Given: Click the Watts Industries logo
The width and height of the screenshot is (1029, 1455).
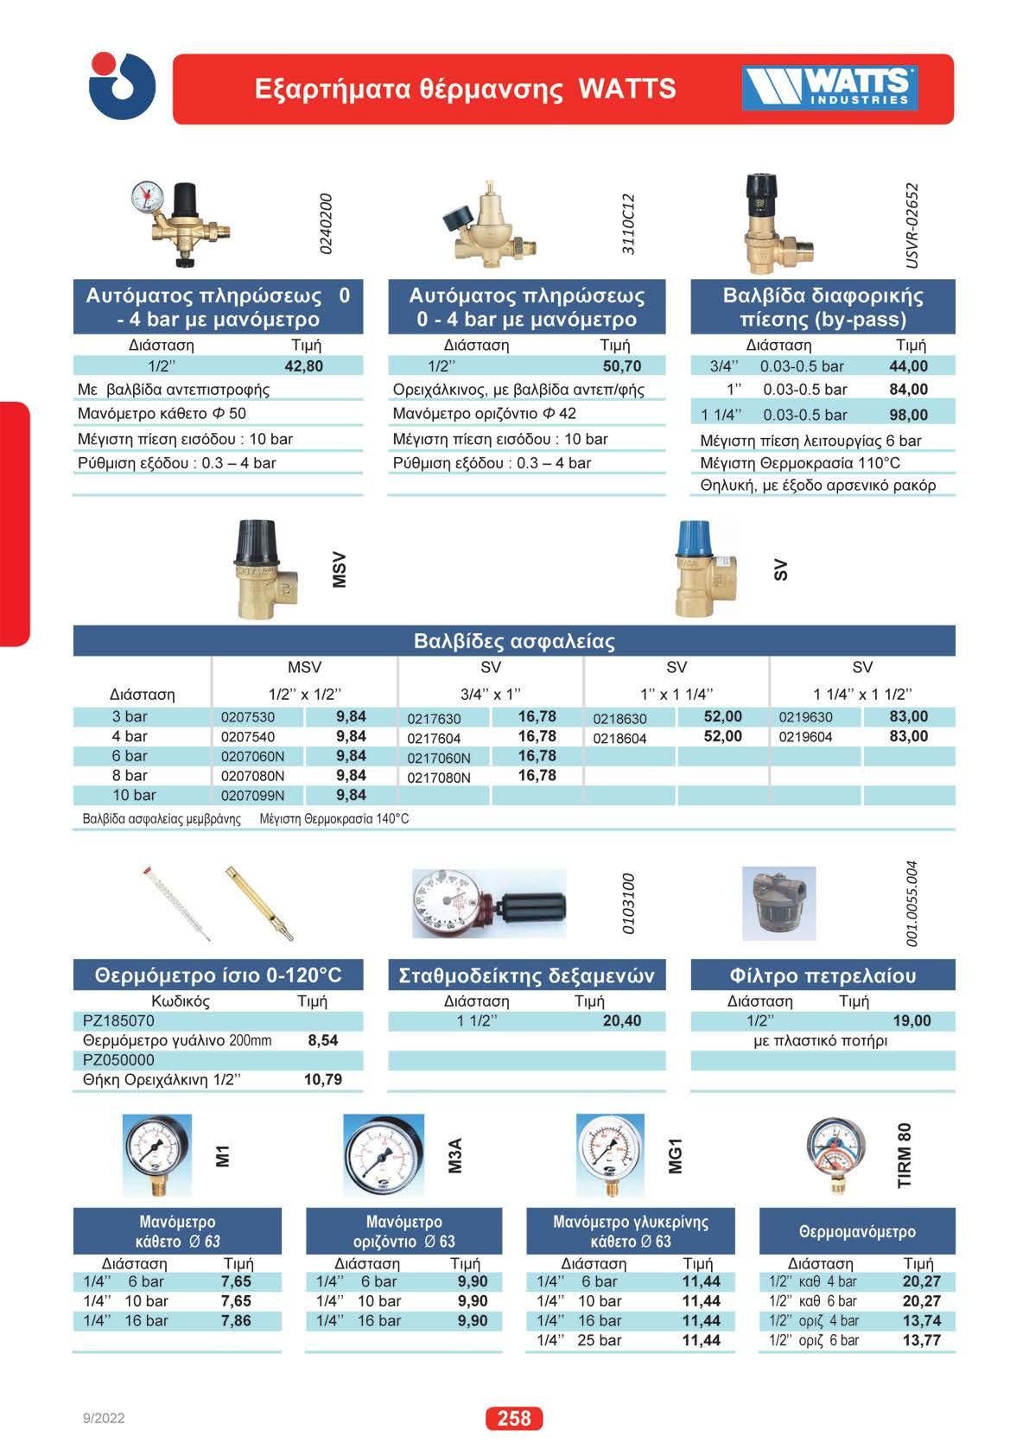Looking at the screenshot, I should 829,88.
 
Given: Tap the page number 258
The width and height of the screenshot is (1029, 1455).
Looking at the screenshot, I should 514,1418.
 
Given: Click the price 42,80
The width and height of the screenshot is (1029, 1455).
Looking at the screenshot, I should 303,366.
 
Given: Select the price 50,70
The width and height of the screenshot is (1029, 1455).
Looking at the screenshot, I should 621,366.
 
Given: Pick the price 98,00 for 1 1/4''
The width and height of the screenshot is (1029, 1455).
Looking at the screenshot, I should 908,415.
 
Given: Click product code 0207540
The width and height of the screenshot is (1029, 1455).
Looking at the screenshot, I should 248,737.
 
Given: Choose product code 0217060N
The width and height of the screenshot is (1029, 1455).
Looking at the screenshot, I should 439,758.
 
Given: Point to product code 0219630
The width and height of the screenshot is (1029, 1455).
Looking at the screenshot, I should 805,717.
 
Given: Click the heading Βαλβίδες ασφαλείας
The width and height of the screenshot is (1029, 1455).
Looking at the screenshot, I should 514,641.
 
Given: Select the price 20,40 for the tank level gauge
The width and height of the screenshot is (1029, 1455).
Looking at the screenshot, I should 621,1021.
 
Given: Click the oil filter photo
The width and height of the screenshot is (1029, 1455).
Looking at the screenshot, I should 778,904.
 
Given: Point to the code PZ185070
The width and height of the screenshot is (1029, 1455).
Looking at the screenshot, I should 118,1021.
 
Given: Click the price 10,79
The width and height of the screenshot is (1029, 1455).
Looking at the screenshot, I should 322,1079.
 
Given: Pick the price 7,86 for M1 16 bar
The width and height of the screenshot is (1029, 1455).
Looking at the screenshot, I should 236,1320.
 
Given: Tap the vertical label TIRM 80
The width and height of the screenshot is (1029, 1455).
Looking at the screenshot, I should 905,1155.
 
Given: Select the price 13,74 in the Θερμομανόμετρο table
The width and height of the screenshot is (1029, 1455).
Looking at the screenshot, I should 921,1320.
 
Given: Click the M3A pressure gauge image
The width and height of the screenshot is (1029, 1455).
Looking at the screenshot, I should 384,1155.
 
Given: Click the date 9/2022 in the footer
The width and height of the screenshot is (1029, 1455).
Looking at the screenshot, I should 104,1418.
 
